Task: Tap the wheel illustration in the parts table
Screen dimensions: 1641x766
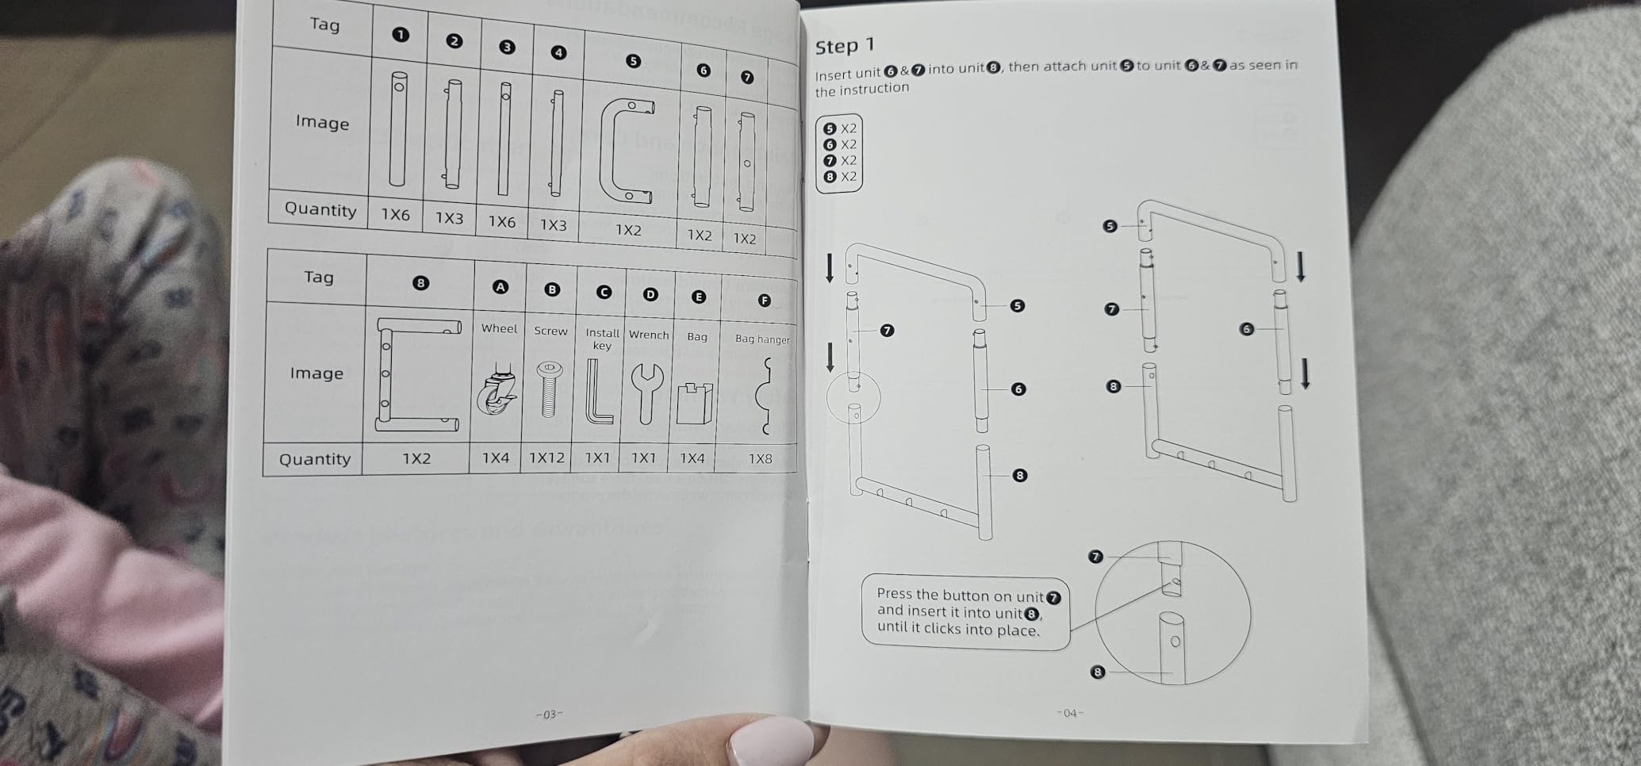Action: [x=497, y=389]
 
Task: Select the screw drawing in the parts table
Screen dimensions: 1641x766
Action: [x=548, y=389]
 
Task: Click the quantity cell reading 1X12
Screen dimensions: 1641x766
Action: [x=546, y=458]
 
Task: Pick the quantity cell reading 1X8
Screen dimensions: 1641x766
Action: [x=760, y=458]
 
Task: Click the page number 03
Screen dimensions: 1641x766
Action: [x=549, y=714]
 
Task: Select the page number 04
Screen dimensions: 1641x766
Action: [x=1070, y=713]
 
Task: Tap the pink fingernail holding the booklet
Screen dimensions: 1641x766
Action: [x=769, y=742]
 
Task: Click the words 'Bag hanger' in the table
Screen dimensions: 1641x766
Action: [x=762, y=339]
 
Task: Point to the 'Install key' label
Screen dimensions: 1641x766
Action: [x=602, y=339]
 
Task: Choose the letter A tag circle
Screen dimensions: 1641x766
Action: [x=500, y=287]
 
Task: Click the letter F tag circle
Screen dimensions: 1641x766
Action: [x=764, y=300]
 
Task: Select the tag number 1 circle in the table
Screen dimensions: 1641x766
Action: [x=401, y=34]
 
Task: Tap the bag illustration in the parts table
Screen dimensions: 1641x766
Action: [x=695, y=404]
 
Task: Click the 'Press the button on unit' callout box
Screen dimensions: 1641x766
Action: [x=965, y=612]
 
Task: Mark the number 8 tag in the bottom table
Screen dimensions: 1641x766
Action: [x=420, y=282]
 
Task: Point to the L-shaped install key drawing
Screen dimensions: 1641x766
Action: [x=599, y=392]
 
